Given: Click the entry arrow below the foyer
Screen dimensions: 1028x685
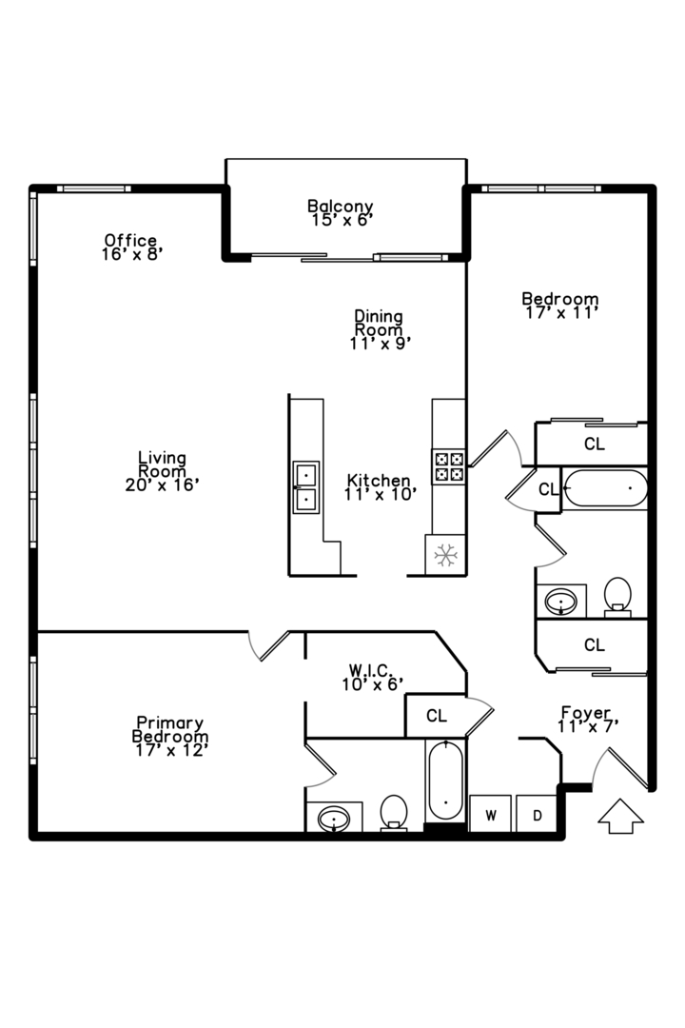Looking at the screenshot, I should [619, 816].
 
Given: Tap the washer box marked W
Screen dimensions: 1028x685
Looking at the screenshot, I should [491, 815].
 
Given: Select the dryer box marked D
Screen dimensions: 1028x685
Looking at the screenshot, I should [538, 815].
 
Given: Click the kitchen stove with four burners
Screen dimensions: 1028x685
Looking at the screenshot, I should [449, 466].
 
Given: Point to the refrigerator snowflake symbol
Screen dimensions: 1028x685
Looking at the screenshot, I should [443, 555].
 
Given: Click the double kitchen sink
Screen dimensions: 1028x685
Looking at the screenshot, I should [306, 486].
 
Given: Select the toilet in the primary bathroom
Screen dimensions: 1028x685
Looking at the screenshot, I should [393, 813].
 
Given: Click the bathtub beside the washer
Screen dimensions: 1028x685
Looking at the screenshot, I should [445, 781].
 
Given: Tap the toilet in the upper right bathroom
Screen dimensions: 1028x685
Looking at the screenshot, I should [618, 595].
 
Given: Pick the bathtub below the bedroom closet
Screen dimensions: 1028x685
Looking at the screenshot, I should [605, 489].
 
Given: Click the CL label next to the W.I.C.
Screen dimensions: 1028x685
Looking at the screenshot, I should [437, 716].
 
